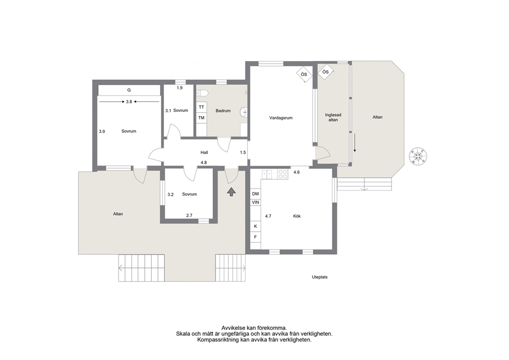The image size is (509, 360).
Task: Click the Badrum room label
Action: pyautogui.click(x=223, y=111)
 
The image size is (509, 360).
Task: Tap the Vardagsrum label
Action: pyautogui.click(x=281, y=118)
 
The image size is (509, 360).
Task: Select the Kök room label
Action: pyautogui.click(x=297, y=216)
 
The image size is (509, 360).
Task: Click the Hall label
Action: pyautogui.click(x=204, y=153)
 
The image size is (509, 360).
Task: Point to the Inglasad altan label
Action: pyautogui.click(x=333, y=117)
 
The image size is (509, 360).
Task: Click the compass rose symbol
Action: pyautogui.click(x=418, y=156)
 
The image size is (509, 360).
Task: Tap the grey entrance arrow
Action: pyautogui.click(x=231, y=192)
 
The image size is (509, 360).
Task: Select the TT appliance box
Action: pyautogui.click(x=202, y=107)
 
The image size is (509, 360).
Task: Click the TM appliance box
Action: pyautogui.click(x=202, y=118)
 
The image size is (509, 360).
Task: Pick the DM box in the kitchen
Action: pyautogui.click(x=256, y=194)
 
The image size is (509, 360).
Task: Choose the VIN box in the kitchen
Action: pyautogui.click(x=256, y=202)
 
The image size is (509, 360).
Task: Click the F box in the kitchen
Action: pyautogui.click(x=256, y=237)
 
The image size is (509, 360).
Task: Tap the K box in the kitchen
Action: pyautogui.click(x=256, y=226)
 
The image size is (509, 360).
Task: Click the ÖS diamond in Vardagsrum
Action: pyautogui.click(x=304, y=74)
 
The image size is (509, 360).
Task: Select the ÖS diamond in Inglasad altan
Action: pyautogui.click(x=326, y=72)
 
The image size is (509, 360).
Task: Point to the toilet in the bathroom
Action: pyautogui.click(x=202, y=93)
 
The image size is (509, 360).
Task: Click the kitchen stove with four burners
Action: pyautogui.click(x=283, y=174)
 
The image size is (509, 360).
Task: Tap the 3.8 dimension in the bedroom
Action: pyautogui.click(x=129, y=102)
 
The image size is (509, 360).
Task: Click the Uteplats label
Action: pyautogui.click(x=320, y=277)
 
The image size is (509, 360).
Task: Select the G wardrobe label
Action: pyautogui.click(x=129, y=90)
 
